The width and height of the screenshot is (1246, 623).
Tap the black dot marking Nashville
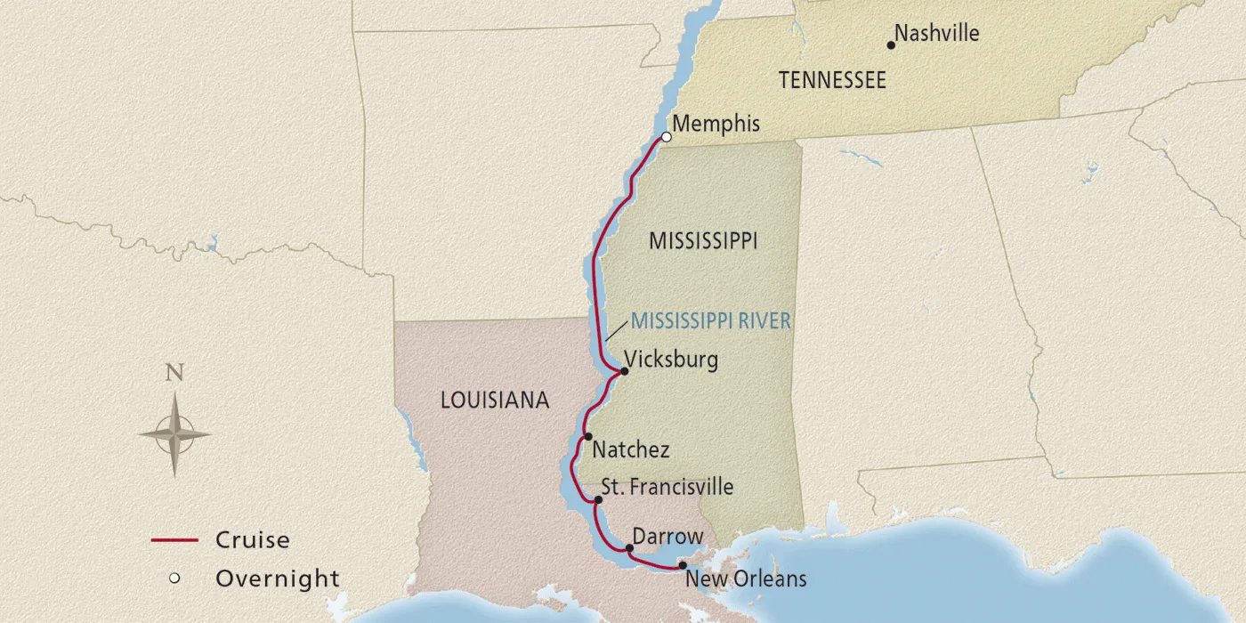(x=891, y=44)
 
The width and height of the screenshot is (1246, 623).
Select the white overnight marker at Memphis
(x=666, y=137)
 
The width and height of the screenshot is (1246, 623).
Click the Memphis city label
(x=716, y=124)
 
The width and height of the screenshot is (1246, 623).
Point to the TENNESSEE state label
(x=832, y=80)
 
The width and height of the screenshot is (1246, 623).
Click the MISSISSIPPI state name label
(x=703, y=241)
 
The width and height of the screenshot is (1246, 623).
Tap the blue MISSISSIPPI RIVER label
(x=710, y=321)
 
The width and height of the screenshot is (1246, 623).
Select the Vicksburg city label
(x=670, y=360)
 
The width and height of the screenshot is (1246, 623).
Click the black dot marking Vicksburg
(x=624, y=371)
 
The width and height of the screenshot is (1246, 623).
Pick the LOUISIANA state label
(x=495, y=400)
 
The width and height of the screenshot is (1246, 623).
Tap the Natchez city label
(x=630, y=449)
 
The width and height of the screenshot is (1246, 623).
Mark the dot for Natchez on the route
(x=588, y=437)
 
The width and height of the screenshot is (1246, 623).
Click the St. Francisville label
(x=667, y=487)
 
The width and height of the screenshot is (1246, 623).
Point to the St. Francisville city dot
(x=598, y=499)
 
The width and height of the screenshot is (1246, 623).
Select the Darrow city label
(x=667, y=537)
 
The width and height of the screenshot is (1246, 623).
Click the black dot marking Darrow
(x=629, y=548)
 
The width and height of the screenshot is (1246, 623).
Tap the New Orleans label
(x=746, y=578)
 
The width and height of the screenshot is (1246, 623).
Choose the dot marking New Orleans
(x=683, y=565)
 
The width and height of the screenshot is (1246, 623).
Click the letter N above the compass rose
(x=174, y=373)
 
